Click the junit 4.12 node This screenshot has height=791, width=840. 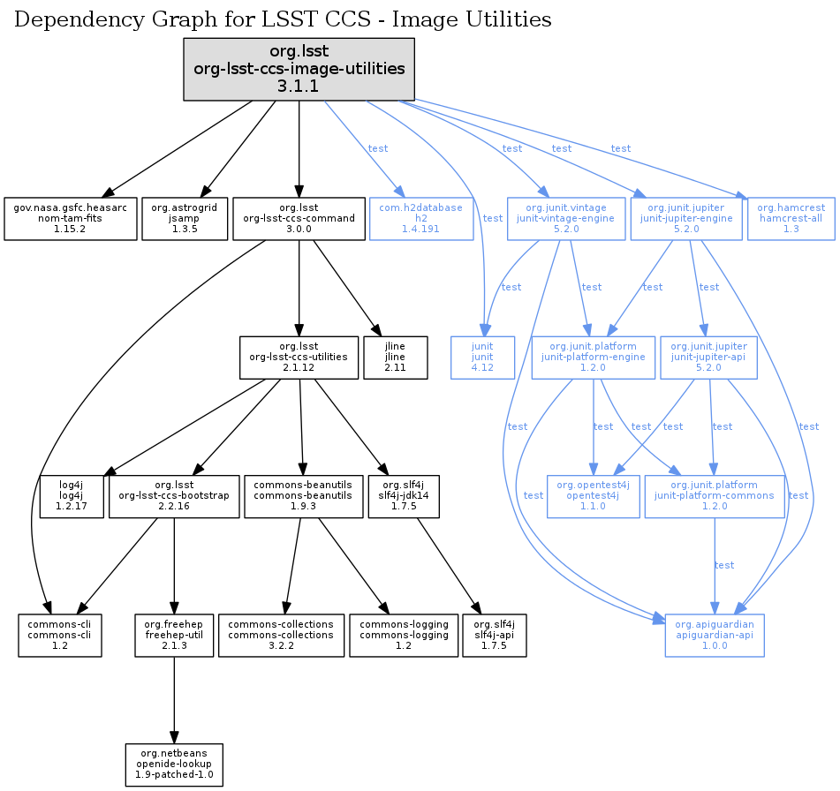[481, 357]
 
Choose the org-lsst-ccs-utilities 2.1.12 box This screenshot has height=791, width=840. [300, 357]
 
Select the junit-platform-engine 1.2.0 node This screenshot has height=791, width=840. [592, 357]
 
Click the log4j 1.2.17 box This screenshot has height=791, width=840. [72, 496]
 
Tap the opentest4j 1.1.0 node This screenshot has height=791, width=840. [593, 496]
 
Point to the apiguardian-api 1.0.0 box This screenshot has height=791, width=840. [714, 635]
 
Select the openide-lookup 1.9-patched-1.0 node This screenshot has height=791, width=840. [174, 765]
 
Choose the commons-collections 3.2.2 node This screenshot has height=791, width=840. [281, 635]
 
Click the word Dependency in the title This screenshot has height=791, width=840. [68, 19]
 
